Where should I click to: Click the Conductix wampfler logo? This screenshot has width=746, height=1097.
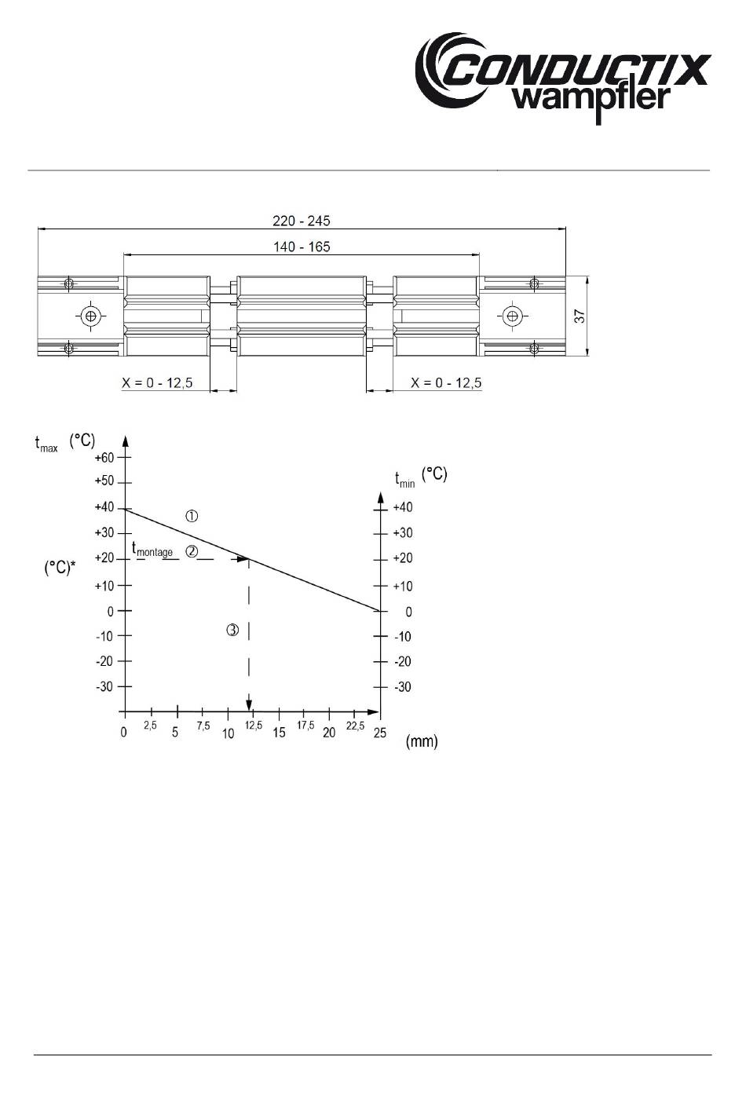[563, 78]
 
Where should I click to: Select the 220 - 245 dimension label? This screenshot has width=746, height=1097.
[302, 221]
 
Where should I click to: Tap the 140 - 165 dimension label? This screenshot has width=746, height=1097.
[302, 247]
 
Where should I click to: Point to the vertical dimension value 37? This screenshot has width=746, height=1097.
[580, 316]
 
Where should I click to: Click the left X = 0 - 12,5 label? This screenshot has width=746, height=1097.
[157, 382]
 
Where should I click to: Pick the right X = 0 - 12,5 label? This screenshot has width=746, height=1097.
[446, 382]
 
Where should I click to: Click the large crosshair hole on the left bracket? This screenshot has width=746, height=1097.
[90, 316]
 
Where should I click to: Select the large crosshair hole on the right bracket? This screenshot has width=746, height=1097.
[512, 316]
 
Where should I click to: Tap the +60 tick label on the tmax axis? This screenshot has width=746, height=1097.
[104, 457]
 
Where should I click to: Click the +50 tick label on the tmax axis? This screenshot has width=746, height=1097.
[104, 481]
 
